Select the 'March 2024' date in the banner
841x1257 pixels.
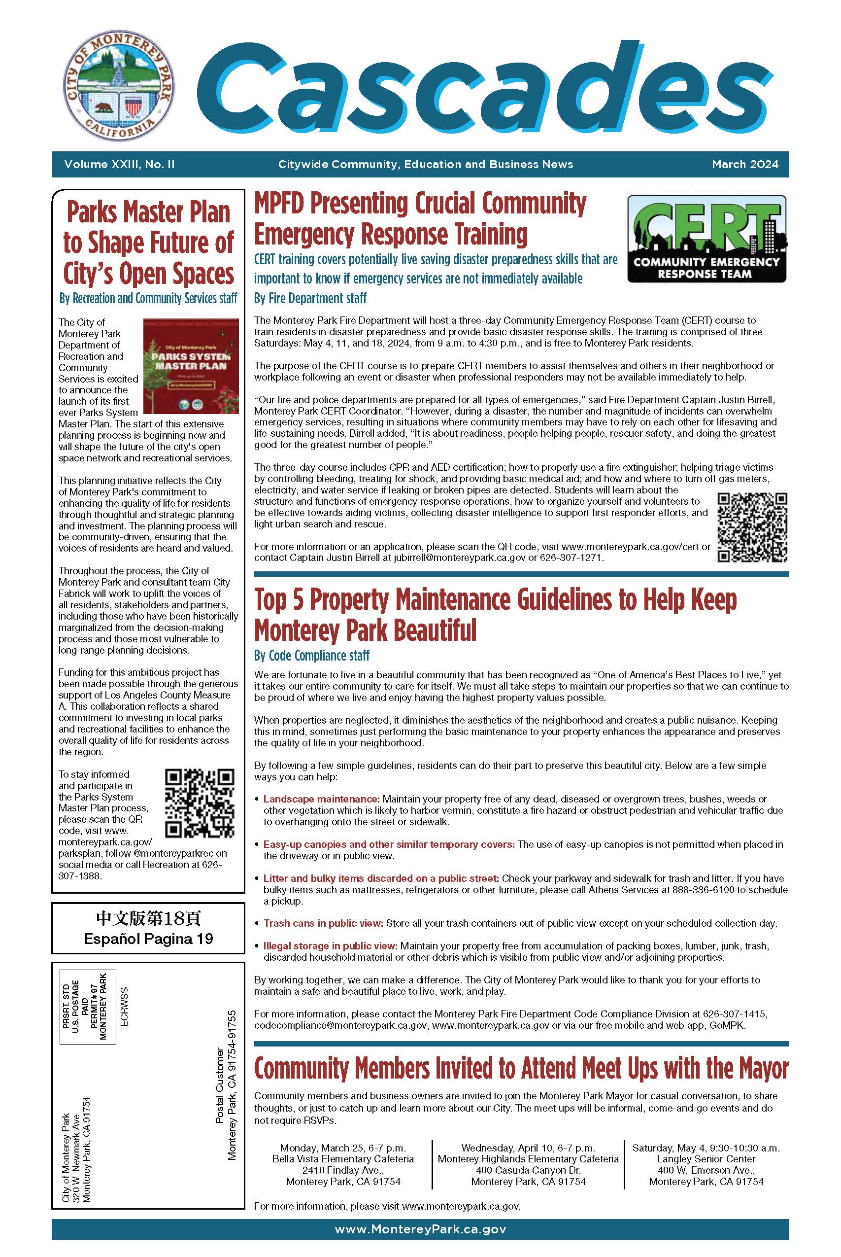[x=744, y=164]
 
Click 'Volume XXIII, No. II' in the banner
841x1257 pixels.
[x=119, y=164]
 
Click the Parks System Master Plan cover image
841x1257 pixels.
[x=191, y=365]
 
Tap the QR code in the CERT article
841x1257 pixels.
[x=752, y=527]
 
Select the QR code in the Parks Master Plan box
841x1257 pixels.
[x=200, y=803]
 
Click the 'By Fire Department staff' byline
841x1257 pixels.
[x=310, y=298]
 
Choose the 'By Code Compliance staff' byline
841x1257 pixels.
[x=312, y=655]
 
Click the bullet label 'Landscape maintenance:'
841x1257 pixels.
[x=321, y=799]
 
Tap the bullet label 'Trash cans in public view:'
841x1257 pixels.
[x=323, y=923]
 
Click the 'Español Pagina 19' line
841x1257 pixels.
[x=148, y=939]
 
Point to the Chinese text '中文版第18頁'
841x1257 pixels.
[x=148, y=918]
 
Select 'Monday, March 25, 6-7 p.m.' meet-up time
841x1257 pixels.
[x=343, y=1148]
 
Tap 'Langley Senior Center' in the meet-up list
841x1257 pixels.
[x=706, y=1159]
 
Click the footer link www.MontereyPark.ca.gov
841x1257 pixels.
[x=420, y=1229]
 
